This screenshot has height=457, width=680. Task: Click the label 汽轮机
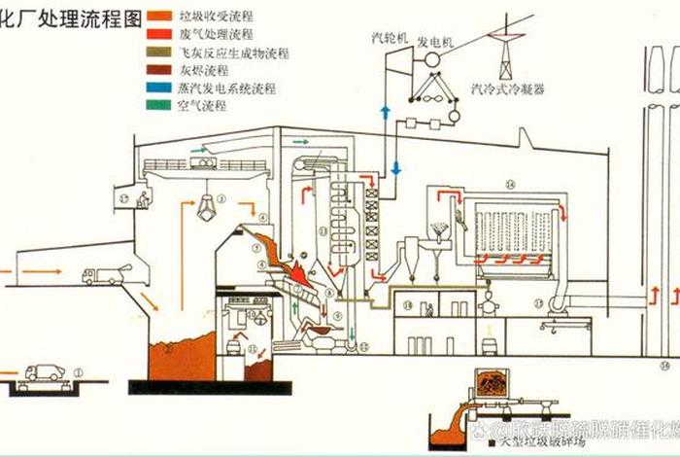click(392, 38)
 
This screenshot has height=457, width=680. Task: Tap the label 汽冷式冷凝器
click(507, 88)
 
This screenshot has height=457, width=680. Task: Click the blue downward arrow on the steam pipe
click(395, 168)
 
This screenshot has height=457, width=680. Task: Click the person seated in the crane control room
click(143, 201)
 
